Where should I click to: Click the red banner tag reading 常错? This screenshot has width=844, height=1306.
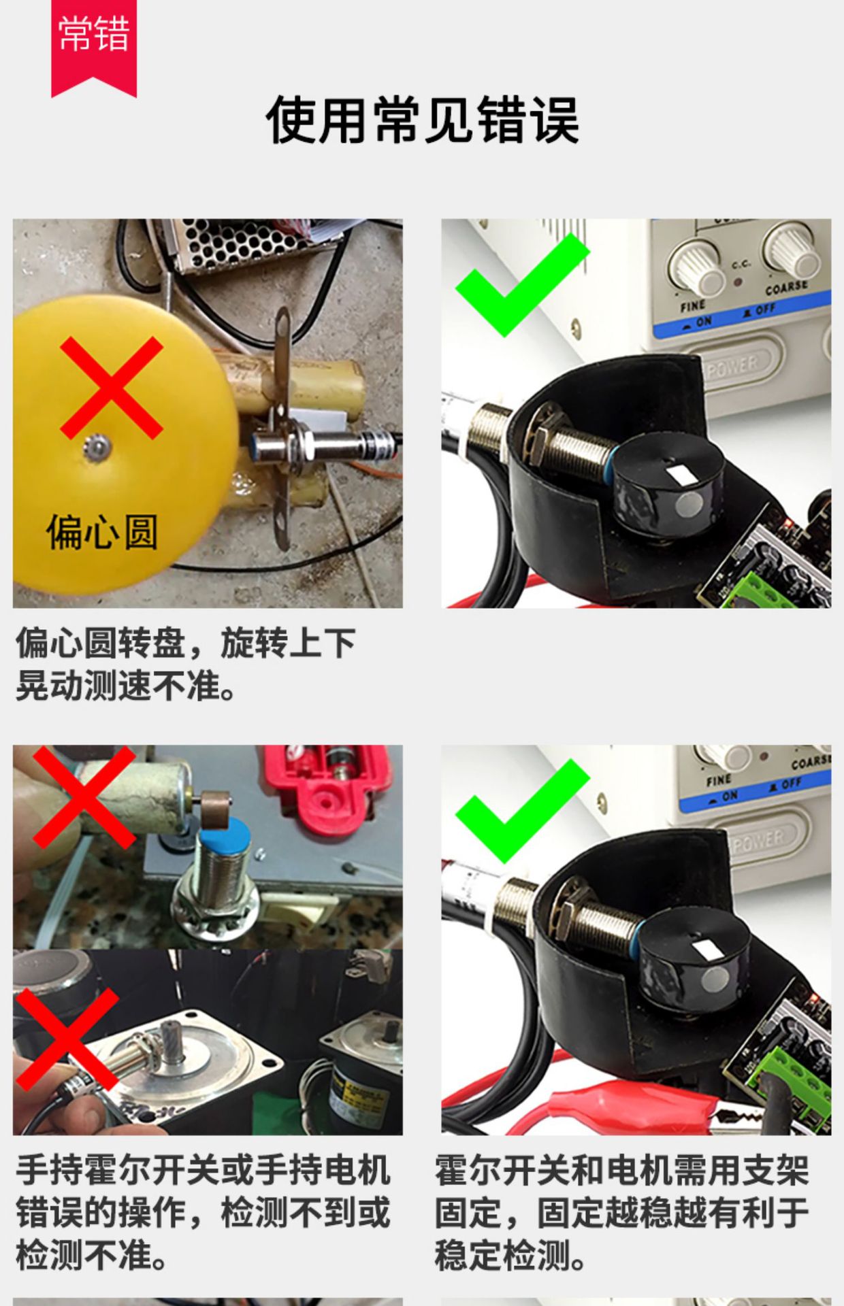(94, 44)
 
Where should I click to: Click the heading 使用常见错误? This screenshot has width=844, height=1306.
(422, 120)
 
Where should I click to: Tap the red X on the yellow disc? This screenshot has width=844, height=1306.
(111, 387)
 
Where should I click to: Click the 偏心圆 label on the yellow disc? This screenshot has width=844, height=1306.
(102, 532)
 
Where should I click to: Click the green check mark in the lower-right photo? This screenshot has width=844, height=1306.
(521, 811)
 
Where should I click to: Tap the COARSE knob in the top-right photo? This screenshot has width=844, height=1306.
(792, 251)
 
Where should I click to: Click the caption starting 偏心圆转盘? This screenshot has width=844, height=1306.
(186, 664)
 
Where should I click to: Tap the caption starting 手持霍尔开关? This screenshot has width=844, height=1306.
(203, 1212)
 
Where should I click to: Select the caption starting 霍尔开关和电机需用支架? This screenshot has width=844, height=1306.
(621, 1212)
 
